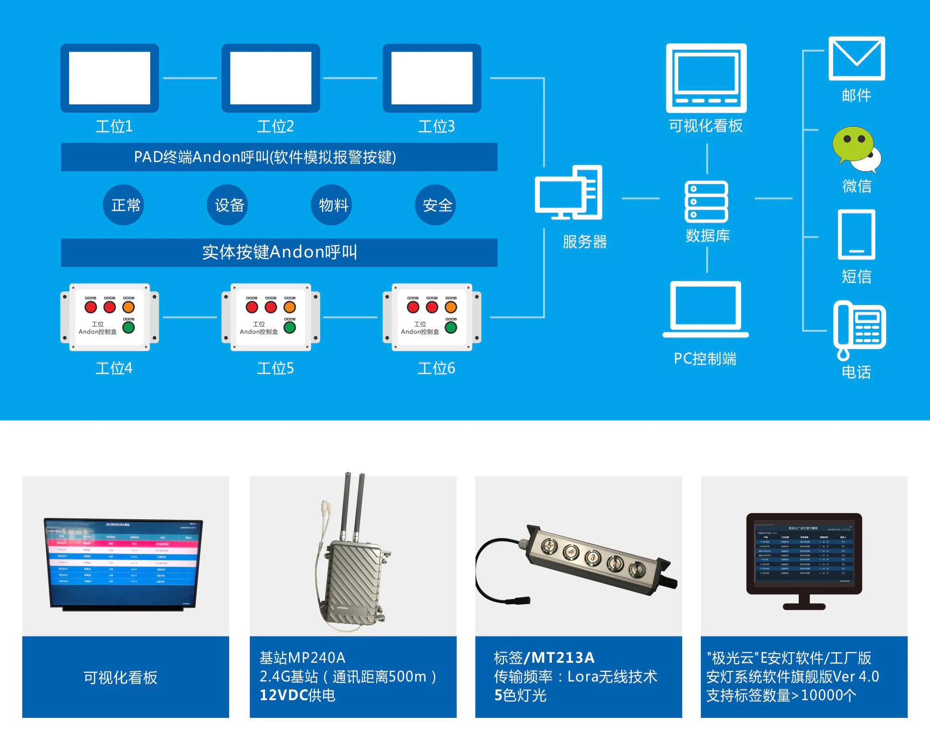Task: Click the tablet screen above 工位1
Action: point(109,78)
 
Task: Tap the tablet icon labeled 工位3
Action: point(431,78)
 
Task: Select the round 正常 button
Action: point(124,205)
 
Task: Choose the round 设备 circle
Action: point(228,205)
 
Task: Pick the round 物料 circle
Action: point(332,205)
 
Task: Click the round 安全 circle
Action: point(436,205)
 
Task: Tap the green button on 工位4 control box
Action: point(128,328)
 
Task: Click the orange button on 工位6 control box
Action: point(451,307)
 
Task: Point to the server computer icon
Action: point(569,193)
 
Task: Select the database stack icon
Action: point(707,201)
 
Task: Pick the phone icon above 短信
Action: point(857,235)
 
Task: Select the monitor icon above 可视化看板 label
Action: point(706,78)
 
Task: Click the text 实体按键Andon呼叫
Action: point(279,252)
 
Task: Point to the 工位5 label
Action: point(275,368)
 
